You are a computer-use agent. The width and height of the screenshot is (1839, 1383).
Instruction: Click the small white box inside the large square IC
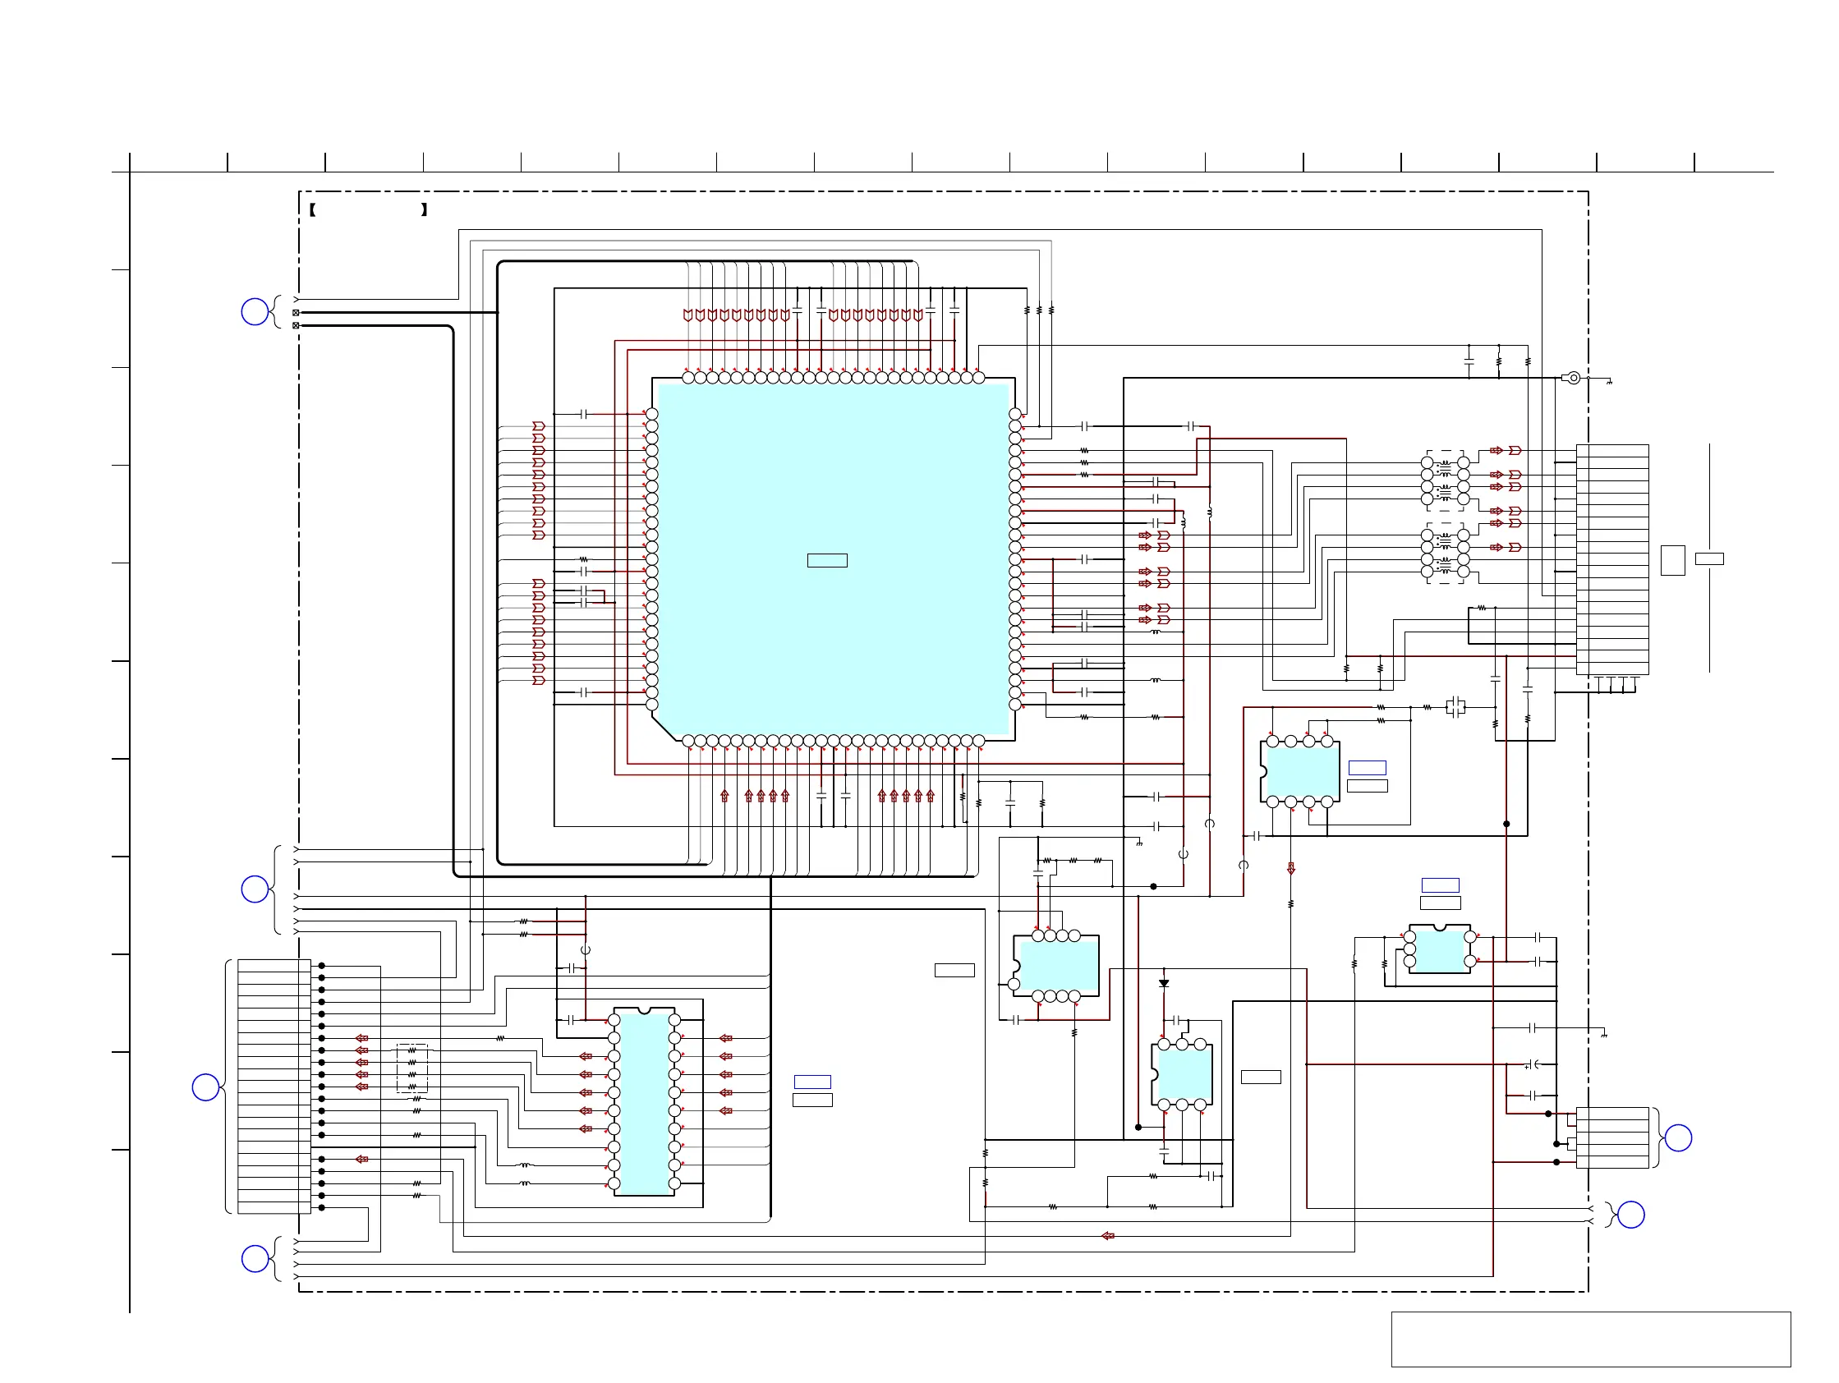point(826,560)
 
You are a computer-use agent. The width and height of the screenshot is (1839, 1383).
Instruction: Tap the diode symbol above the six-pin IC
point(1164,983)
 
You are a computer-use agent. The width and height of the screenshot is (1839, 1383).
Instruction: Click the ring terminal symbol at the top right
point(1572,378)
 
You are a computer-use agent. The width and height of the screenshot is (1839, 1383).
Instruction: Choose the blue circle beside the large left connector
point(205,1087)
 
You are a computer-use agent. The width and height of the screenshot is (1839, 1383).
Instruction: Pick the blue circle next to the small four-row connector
point(1678,1137)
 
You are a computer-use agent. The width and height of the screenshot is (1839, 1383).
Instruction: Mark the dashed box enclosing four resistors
point(412,1068)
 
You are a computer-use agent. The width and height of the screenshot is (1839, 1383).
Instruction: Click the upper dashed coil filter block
point(1445,480)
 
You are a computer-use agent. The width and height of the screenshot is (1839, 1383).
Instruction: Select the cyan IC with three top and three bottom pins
point(1181,1075)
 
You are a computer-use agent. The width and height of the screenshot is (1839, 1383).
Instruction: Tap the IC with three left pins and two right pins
point(1439,950)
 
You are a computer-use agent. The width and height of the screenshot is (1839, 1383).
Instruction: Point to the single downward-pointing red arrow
point(1290,869)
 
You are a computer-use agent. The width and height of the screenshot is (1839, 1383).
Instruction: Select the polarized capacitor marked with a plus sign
point(1537,1064)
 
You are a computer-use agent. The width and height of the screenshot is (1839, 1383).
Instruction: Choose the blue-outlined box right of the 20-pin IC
point(812,1082)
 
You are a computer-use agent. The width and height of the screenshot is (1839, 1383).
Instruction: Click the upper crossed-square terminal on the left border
point(296,313)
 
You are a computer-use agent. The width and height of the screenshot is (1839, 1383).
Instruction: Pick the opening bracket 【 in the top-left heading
point(312,209)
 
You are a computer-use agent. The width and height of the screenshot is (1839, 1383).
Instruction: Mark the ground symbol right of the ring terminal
point(1610,382)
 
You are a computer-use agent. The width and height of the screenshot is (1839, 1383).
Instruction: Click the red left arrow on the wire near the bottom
point(1107,1236)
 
